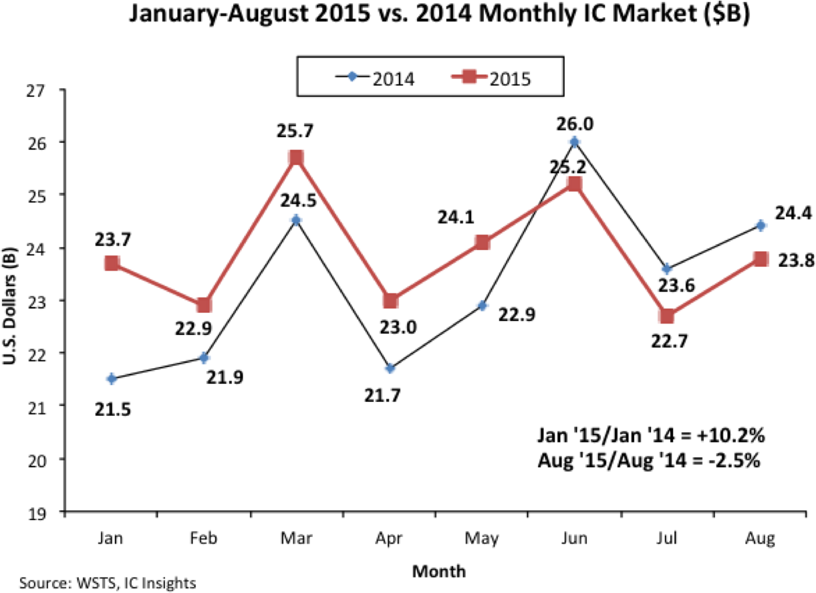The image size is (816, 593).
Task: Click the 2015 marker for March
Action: point(297,158)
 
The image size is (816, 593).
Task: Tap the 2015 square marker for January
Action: point(112,263)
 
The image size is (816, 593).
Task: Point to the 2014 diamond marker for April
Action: point(390,368)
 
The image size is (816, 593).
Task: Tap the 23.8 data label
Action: point(795,261)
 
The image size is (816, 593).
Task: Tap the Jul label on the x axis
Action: point(666,540)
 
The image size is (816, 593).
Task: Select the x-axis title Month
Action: point(439,572)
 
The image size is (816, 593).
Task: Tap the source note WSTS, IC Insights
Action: point(133,583)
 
